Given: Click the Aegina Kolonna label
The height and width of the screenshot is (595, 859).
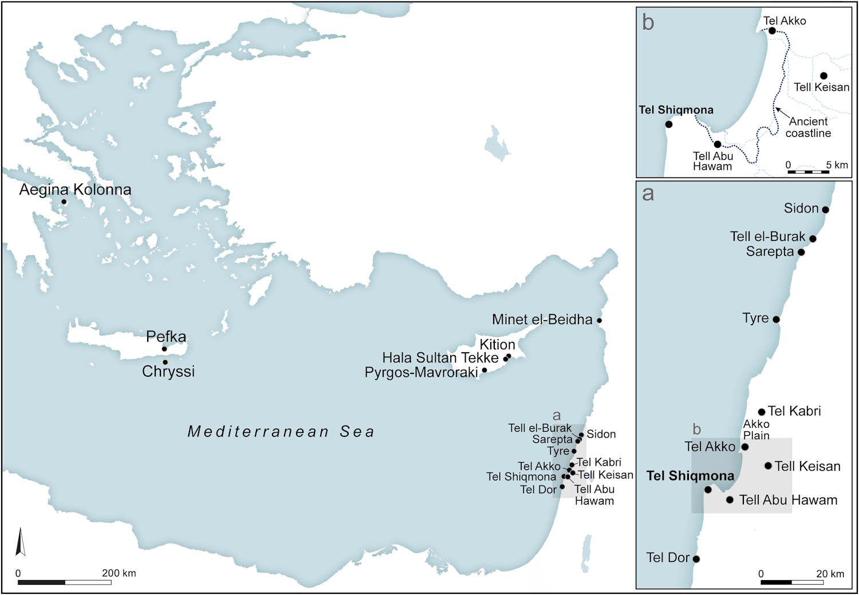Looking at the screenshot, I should point(75,190).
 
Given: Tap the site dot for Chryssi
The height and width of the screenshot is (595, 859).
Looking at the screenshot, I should point(165,362).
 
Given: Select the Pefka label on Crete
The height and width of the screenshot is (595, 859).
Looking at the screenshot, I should point(166,336).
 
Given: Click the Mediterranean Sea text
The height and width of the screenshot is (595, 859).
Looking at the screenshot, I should point(281,431).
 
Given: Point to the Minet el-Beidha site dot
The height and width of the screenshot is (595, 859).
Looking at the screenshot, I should point(600,320).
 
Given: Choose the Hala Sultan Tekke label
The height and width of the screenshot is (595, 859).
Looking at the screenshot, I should point(440,358).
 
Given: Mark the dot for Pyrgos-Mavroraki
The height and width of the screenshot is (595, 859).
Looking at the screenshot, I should point(484,370).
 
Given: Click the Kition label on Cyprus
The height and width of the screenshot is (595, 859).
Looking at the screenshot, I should point(497,344).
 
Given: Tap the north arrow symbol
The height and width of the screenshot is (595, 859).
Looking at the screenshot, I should point(20,542).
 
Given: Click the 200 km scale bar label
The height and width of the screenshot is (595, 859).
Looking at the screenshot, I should point(119,573).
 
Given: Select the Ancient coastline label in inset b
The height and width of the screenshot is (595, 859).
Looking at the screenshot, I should point(808,127).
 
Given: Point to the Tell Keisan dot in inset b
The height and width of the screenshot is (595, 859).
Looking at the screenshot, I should point(823,76).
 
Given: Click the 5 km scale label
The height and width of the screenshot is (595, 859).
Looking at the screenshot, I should point(837,165).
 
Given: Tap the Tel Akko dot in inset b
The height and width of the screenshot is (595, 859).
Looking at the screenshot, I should point(772,31).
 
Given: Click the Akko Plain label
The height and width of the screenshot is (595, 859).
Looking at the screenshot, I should point(756,429).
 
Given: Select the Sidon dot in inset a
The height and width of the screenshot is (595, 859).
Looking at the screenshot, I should point(825,210).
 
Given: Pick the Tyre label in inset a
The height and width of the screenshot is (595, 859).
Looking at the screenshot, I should point(755,318).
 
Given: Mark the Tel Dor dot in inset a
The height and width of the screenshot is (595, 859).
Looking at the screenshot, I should point(696,559).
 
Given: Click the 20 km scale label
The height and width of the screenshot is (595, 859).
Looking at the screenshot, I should point(830,574).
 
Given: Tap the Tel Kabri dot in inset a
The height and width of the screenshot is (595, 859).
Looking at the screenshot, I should point(762,412).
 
